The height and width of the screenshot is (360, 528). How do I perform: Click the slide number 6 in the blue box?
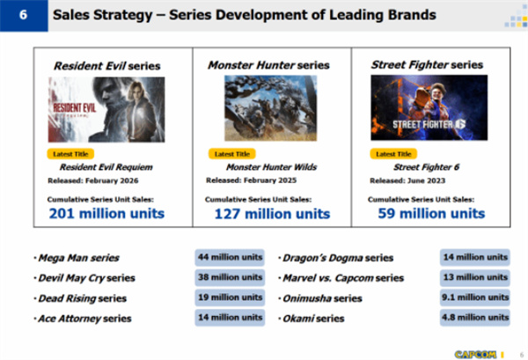[x=23, y=15]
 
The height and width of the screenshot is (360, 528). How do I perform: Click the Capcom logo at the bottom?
[x=475, y=354]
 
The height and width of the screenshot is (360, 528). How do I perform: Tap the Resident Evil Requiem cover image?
[x=106, y=109]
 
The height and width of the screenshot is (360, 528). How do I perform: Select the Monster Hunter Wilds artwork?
[x=270, y=107]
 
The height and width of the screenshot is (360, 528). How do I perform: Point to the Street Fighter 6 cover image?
[x=429, y=107]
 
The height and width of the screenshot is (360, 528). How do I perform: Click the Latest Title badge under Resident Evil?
[x=70, y=154]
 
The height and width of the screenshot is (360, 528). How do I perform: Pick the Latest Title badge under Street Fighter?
[x=393, y=154]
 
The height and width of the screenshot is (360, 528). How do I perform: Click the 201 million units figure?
[x=106, y=214]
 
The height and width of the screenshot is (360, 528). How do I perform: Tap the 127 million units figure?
[x=272, y=214]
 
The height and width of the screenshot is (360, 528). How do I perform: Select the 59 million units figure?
[x=431, y=214]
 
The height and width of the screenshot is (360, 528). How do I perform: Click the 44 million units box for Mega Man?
[x=230, y=257]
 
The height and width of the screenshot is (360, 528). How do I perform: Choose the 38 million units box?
[x=230, y=277]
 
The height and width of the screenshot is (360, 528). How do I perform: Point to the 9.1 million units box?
[x=475, y=298]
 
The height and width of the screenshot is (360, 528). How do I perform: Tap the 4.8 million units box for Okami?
[x=475, y=318]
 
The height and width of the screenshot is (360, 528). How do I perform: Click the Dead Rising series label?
[x=82, y=298]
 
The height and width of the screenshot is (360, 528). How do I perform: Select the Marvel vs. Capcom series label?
[x=343, y=278]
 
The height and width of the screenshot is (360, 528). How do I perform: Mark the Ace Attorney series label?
[x=84, y=319]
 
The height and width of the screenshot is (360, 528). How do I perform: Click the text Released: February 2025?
[x=251, y=180]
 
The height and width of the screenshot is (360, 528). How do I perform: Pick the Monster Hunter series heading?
[x=268, y=65]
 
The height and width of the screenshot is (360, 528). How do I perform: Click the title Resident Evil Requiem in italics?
[x=106, y=167]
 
